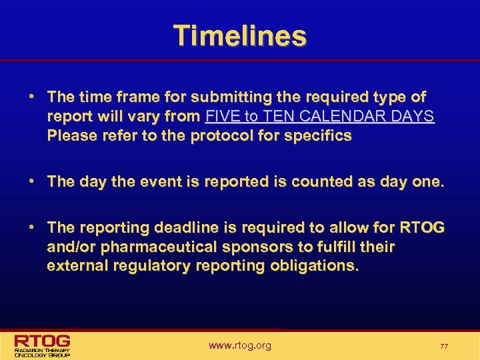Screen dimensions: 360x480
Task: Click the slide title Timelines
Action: click(x=240, y=35)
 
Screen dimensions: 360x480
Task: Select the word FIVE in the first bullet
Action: click(x=221, y=117)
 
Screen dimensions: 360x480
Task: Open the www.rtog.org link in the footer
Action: click(x=240, y=345)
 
